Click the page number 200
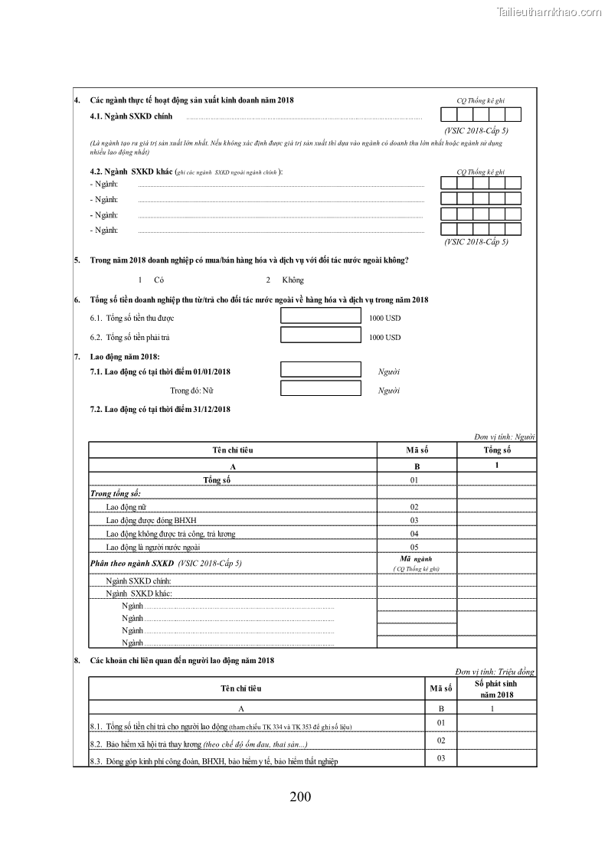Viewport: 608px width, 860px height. [301, 796]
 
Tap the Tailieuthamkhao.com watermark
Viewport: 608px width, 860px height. [549, 11]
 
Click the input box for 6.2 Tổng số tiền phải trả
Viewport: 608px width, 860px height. [320, 335]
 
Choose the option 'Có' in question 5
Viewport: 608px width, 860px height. [159, 280]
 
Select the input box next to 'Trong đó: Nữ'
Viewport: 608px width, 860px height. [320, 389]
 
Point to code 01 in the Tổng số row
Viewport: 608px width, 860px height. [414, 479]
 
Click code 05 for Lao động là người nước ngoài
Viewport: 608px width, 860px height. [414, 547]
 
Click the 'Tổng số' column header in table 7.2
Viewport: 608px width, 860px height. [497, 450]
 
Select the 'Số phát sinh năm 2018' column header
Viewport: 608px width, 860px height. [496, 688]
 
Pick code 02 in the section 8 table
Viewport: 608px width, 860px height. [441, 741]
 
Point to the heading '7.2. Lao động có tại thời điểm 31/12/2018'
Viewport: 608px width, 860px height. [160, 410]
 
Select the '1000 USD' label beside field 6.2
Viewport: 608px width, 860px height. [384, 337]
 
